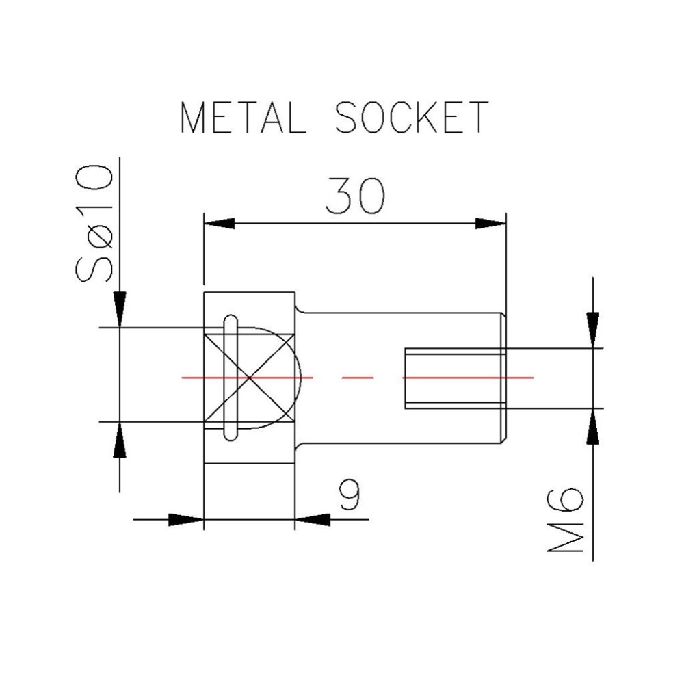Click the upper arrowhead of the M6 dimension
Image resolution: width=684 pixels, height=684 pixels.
click(593, 327)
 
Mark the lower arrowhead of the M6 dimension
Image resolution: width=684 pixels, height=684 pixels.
click(593, 429)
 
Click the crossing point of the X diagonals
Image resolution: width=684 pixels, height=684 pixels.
click(250, 377)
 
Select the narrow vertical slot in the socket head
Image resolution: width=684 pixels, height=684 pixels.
click(231, 377)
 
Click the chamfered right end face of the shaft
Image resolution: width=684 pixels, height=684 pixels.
click(505, 377)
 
